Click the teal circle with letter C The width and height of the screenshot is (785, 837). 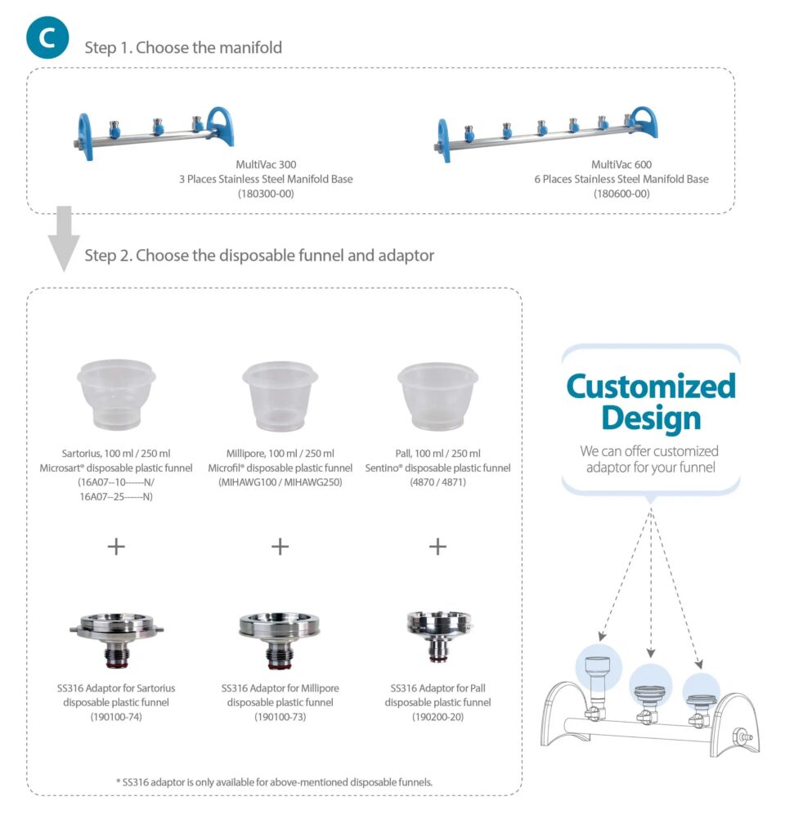pyautogui.click(x=47, y=38)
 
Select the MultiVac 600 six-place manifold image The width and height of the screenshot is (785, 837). pyautogui.click(x=547, y=132)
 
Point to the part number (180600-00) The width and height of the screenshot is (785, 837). pyautogui.click(x=621, y=194)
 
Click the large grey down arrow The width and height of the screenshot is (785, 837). pyautogui.click(x=63, y=238)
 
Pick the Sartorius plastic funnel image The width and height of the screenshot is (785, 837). pyautogui.click(x=116, y=395)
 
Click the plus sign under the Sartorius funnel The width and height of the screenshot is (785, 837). pyautogui.click(x=116, y=546)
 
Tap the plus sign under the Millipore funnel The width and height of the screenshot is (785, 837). pyautogui.click(x=280, y=546)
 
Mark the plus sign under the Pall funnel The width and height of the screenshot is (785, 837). pyautogui.click(x=437, y=546)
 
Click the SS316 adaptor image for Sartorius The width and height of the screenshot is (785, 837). pyautogui.click(x=116, y=638)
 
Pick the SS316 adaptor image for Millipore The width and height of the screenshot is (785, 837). pyautogui.click(x=280, y=638)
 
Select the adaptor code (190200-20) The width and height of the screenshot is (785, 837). pyautogui.click(x=438, y=717)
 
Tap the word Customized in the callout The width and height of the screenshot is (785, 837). pyautogui.click(x=651, y=386)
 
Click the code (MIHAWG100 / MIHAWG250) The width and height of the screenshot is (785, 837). pyautogui.click(x=280, y=482)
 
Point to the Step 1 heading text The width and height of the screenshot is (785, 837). pyautogui.click(x=183, y=47)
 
